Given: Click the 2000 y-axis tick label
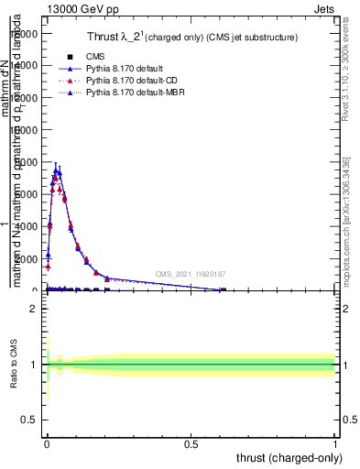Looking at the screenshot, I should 28,258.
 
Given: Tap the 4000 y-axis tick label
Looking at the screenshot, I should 28,226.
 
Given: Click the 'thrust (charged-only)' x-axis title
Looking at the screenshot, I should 289,458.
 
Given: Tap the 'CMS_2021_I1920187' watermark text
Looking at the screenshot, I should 191,273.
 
